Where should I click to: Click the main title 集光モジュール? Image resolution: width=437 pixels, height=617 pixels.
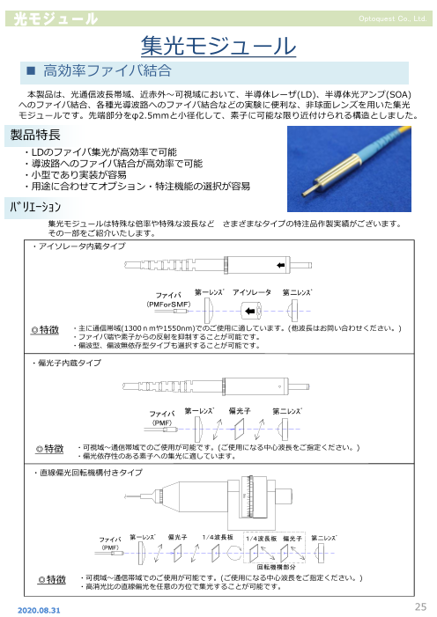pos(218,46)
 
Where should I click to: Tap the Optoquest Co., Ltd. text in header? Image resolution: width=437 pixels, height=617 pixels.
pos(392,18)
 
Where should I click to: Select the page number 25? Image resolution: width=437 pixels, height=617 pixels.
pos(421,606)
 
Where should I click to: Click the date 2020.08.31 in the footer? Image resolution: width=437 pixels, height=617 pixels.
pos(39,610)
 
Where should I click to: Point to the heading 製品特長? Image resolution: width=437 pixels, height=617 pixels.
pos(35,135)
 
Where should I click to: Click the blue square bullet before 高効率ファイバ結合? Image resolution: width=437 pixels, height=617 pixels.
pos(31,70)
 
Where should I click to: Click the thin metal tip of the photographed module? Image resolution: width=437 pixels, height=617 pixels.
pos(307,189)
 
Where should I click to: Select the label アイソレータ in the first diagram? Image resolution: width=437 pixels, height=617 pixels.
pos(252,292)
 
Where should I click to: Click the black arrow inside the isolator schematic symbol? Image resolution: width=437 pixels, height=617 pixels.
pos(250,312)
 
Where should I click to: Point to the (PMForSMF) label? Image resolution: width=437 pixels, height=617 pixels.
pos(168,305)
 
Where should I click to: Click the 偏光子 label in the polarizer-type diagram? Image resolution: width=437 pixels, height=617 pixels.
pos(240,411)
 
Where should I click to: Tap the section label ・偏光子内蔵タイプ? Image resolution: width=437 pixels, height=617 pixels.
pos(66,363)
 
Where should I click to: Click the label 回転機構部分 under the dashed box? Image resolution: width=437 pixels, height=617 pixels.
pos(276,567)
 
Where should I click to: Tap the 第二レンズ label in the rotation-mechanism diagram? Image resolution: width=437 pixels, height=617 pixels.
pos(324,538)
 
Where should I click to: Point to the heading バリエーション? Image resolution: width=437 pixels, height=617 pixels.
pos(35,207)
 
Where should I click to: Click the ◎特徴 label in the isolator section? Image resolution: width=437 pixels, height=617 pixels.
pos(45,330)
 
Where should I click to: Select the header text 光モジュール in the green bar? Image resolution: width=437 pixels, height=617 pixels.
pos(56,18)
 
